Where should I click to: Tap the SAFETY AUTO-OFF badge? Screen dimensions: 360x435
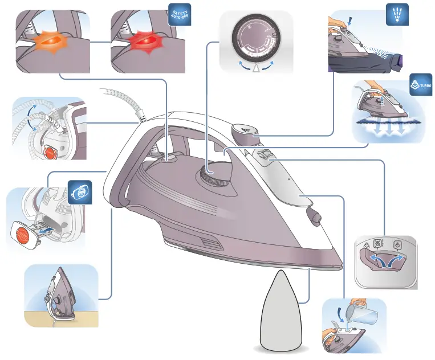[x=178, y=15]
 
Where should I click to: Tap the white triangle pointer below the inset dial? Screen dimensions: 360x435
[x=255, y=68]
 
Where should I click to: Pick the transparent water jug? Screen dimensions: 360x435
[x=364, y=312]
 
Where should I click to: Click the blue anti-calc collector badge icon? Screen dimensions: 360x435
[x=80, y=193]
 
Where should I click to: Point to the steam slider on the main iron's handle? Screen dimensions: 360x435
[x=263, y=156]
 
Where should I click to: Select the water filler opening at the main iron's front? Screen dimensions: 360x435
[x=312, y=215]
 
